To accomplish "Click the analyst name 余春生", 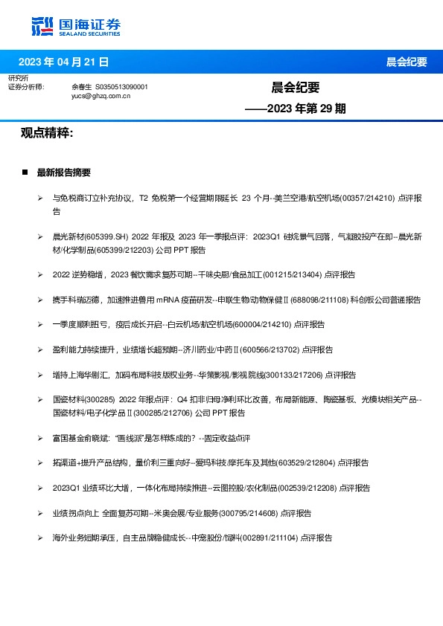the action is click(x=81, y=87).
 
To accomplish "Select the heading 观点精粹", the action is click(x=46, y=133).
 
